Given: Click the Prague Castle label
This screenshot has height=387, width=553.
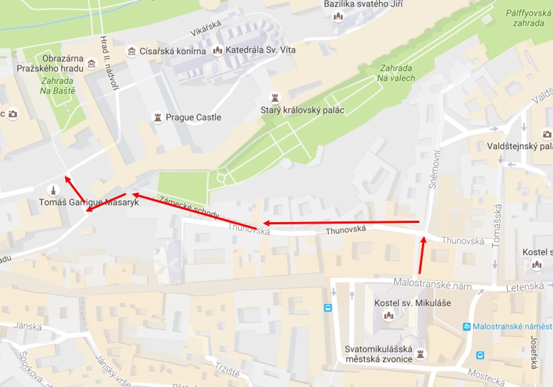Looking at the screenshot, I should point(193,118).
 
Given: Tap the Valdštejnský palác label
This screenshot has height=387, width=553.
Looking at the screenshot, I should point(512,145).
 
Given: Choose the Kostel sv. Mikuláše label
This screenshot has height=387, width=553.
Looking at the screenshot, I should point(413,303).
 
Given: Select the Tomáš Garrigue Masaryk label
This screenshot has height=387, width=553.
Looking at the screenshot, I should point(88,203).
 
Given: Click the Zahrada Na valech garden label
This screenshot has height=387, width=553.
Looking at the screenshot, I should point(393,73).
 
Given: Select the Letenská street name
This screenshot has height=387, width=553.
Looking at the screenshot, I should point(526,287).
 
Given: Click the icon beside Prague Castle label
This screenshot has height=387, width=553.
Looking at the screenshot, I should point(157,118).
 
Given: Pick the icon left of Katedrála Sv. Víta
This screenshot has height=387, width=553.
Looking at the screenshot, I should point(217,51).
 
